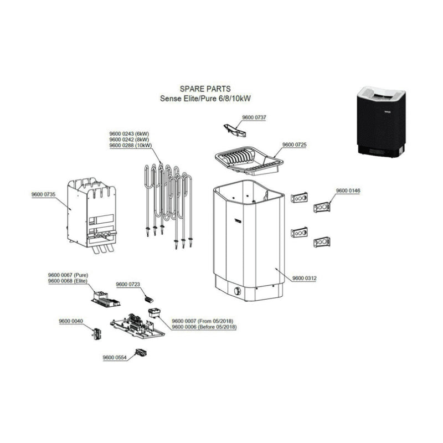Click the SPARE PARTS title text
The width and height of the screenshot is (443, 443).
[205, 89]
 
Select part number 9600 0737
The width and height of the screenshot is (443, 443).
[254, 117]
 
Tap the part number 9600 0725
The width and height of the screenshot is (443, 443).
[295, 145]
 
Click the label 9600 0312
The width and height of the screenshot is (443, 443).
[304, 278]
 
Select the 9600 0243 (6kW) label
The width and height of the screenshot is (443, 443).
[130, 135]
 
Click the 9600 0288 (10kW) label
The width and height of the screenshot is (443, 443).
[131, 146]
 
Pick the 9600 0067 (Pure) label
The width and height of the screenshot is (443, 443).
[68, 275]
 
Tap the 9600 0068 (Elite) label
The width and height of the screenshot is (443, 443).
[68, 281]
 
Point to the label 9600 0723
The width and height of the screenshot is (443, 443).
[128, 284]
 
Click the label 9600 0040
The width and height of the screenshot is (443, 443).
[71, 321]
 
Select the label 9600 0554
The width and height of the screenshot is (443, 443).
[115, 358]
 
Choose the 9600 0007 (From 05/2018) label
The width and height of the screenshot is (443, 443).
[204, 321]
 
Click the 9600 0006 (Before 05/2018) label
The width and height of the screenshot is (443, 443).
[204, 327]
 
